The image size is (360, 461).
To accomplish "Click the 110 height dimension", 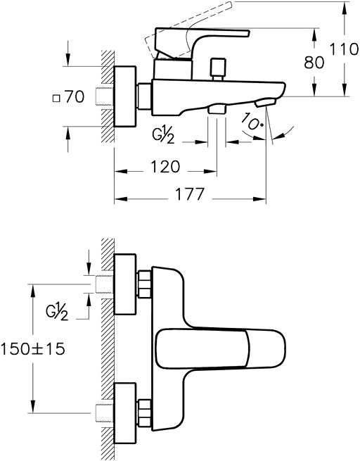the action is [x=344, y=49].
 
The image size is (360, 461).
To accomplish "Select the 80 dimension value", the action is [x=314, y=63].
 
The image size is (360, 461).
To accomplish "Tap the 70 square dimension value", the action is [x=75, y=96].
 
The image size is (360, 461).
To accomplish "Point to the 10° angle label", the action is [x=252, y=122].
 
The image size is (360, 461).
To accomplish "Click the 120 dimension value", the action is [x=165, y=167].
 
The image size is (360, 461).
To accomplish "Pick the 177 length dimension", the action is [x=190, y=194].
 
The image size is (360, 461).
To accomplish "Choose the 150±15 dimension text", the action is [x=32, y=349].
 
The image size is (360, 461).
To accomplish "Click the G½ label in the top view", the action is [x=163, y=134].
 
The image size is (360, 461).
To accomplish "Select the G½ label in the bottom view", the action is [x=57, y=312].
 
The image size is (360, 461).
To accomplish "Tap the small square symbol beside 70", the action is [x=56, y=98].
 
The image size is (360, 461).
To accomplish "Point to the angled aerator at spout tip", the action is [x=266, y=103].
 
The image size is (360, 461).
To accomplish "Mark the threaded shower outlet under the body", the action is [x=217, y=109].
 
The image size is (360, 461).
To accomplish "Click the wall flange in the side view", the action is [x=124, y=96].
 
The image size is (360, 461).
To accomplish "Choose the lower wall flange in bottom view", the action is [x=124, y=413].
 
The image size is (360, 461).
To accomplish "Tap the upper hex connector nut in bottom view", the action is [x=144, y=284].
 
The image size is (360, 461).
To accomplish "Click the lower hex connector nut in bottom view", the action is [x=144, y=413].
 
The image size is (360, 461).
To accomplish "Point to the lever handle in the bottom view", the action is [x=220, y=349].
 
